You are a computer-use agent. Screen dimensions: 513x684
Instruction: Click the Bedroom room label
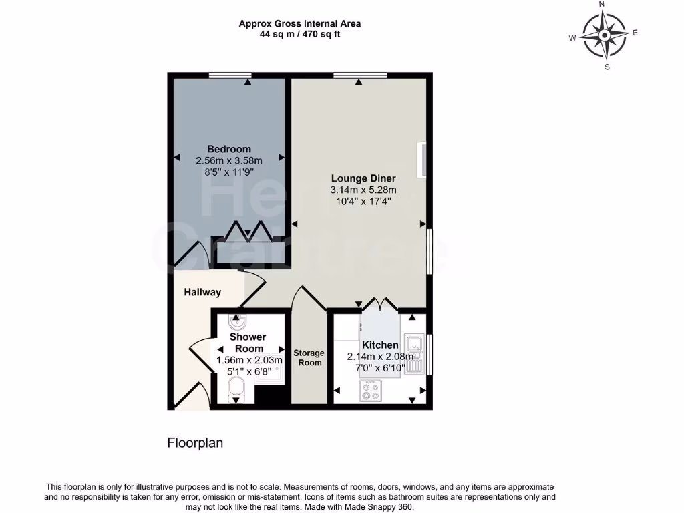[x=228, y=149]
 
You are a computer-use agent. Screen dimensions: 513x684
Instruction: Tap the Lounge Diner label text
[x=363, y=178]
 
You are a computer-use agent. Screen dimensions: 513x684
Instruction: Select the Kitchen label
[x=380, y=345]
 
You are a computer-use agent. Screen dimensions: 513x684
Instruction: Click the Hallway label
[x=202, y=292]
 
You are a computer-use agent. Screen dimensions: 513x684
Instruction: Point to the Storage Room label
[x=309, y=357]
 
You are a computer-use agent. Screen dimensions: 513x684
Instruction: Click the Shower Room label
[x=248, y=343]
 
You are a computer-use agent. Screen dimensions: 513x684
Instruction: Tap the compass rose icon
[x=603, y=35]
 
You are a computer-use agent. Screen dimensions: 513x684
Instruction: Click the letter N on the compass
[x=602, y=5]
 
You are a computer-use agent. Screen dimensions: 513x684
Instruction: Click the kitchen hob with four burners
[x=371, y=391]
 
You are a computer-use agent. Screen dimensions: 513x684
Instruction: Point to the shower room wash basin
[x=236, y=323]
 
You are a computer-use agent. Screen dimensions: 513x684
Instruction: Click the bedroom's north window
[x=230, y=75]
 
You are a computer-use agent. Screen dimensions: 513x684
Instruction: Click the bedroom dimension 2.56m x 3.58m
[x=228, y=160]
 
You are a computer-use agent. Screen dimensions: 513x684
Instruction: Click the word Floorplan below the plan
[x=194, y=442]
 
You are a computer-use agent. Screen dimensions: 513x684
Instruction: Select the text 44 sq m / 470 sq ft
[x=300, y=34]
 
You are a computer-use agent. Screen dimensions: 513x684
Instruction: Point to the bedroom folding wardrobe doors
[x=246, y=231]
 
